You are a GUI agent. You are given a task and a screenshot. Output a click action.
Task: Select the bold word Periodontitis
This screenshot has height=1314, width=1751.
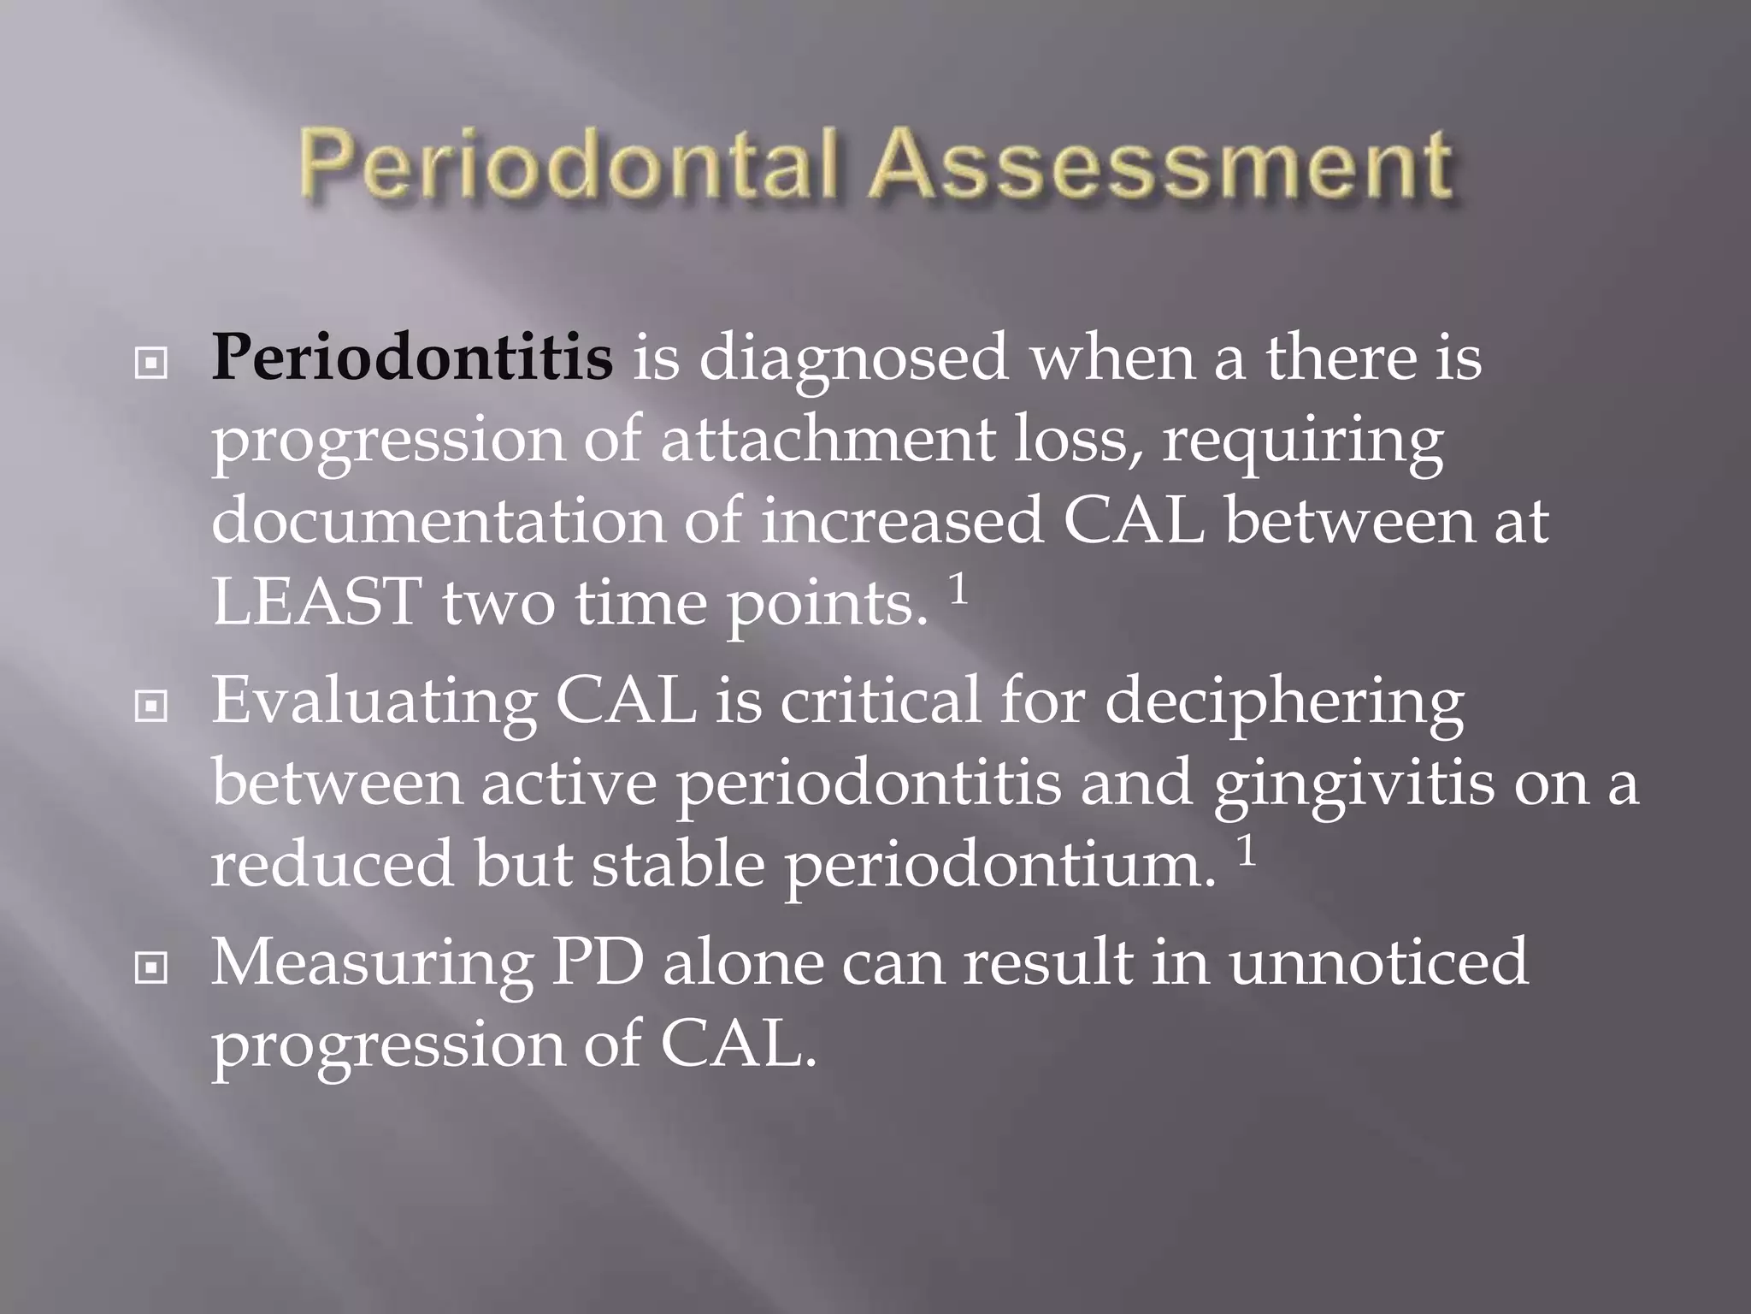point(412,358)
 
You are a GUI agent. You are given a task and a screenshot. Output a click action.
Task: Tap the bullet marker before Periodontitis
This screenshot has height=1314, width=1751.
point(151,364)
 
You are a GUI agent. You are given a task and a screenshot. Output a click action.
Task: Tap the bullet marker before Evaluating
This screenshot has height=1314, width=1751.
point(151,706)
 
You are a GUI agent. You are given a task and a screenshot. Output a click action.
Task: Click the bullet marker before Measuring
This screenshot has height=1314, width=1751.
point(151,968)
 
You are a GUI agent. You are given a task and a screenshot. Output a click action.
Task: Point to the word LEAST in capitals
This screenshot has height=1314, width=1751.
point(317,602)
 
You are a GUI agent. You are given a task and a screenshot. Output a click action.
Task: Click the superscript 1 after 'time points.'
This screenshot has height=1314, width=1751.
point(958,589)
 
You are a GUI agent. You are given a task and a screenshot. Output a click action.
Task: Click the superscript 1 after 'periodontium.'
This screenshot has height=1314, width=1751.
point(1247,850)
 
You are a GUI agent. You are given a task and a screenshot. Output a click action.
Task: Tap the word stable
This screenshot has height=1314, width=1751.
point(678,864)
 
